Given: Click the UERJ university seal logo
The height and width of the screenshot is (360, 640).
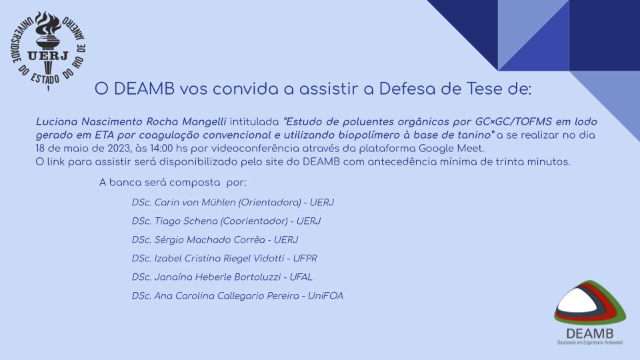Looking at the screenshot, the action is click(x=48, y=51).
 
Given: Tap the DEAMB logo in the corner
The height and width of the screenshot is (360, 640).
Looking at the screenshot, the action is click(x=590, y=313).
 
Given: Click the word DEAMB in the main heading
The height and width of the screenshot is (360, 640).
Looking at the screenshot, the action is click(x=144, y=89).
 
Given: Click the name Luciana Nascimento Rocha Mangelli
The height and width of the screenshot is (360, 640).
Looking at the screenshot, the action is click(x=131, y=121).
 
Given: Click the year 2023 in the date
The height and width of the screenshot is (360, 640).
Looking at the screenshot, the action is click(x=119, y=148).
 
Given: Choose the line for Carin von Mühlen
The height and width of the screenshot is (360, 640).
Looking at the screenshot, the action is click(x=233, y=203).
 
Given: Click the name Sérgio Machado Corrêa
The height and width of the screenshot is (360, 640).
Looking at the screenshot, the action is click(x=209, y=240).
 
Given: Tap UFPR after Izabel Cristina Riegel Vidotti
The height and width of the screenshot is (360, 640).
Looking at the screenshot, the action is click(x=305, y=259).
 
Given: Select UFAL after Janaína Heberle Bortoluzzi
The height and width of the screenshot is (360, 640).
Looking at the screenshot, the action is click(x=301, y=277).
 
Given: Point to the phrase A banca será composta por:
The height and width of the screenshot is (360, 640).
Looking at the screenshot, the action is click(x=173, y=183).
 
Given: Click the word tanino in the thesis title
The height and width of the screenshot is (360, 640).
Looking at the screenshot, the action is click(x=475, y=135).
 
